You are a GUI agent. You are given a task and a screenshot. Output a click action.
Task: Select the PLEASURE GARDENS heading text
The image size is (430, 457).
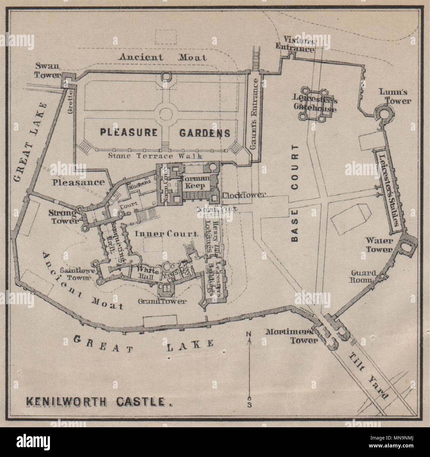click(x=165, y=133)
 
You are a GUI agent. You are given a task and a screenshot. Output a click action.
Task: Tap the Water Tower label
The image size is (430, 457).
click(x=378, y=245)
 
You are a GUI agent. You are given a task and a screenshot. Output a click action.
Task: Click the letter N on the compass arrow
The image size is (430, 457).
click(x=249, y=334)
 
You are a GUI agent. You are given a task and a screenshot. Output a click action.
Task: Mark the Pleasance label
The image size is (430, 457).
click(x=78, y=182)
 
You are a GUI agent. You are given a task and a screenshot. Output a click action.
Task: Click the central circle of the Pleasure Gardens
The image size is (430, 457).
click(x=165, y=114)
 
